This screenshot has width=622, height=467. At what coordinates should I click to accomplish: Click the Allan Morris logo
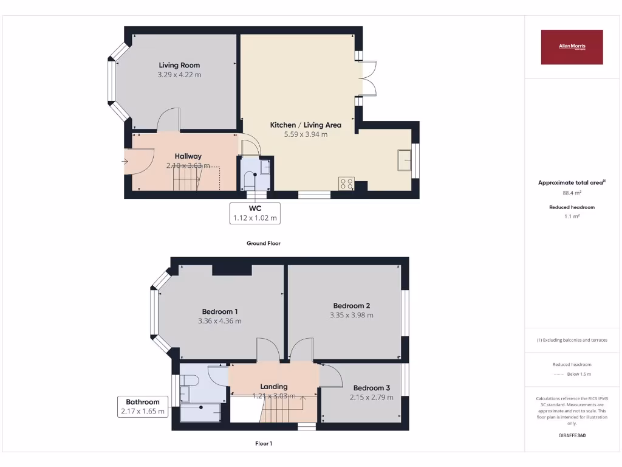[572, 47]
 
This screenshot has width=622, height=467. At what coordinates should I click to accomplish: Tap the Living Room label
[179, 65]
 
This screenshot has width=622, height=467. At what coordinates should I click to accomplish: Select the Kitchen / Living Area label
[306, 125]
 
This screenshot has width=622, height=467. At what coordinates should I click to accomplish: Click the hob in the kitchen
[346, 184]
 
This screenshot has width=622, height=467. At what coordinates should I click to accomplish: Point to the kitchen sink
[403, 161]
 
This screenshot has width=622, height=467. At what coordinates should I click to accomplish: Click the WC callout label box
[255, 213]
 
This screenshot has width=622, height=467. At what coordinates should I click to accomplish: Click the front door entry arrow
[125, 161]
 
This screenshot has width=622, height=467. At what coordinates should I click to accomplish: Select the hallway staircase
[187, 178]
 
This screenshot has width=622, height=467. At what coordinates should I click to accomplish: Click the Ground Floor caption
[263, 243]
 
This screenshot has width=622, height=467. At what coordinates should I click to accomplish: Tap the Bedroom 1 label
[219, 311]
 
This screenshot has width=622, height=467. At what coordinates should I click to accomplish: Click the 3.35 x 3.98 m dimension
[351, 315]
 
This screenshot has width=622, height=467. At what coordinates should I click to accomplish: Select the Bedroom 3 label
[372, 388]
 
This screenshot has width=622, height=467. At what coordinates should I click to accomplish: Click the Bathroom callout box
[143, 406]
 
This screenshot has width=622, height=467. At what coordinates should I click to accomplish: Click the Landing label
[274, 386]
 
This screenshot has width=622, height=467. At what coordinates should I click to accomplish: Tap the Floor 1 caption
[264, 443]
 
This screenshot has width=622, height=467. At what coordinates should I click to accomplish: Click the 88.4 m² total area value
[572, 193]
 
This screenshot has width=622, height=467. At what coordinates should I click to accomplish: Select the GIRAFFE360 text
[572, 435]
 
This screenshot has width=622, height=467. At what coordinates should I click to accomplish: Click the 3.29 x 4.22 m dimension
[179, 75]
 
